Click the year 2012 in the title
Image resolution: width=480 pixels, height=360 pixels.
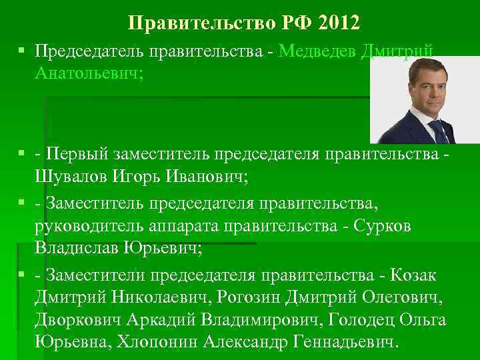[339, 23]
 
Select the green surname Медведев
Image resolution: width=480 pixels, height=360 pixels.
[318, 51]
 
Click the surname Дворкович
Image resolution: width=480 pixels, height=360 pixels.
[75, 320]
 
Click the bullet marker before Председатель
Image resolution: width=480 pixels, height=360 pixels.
[23, 51]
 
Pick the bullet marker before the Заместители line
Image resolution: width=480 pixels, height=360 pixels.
[23, 274]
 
